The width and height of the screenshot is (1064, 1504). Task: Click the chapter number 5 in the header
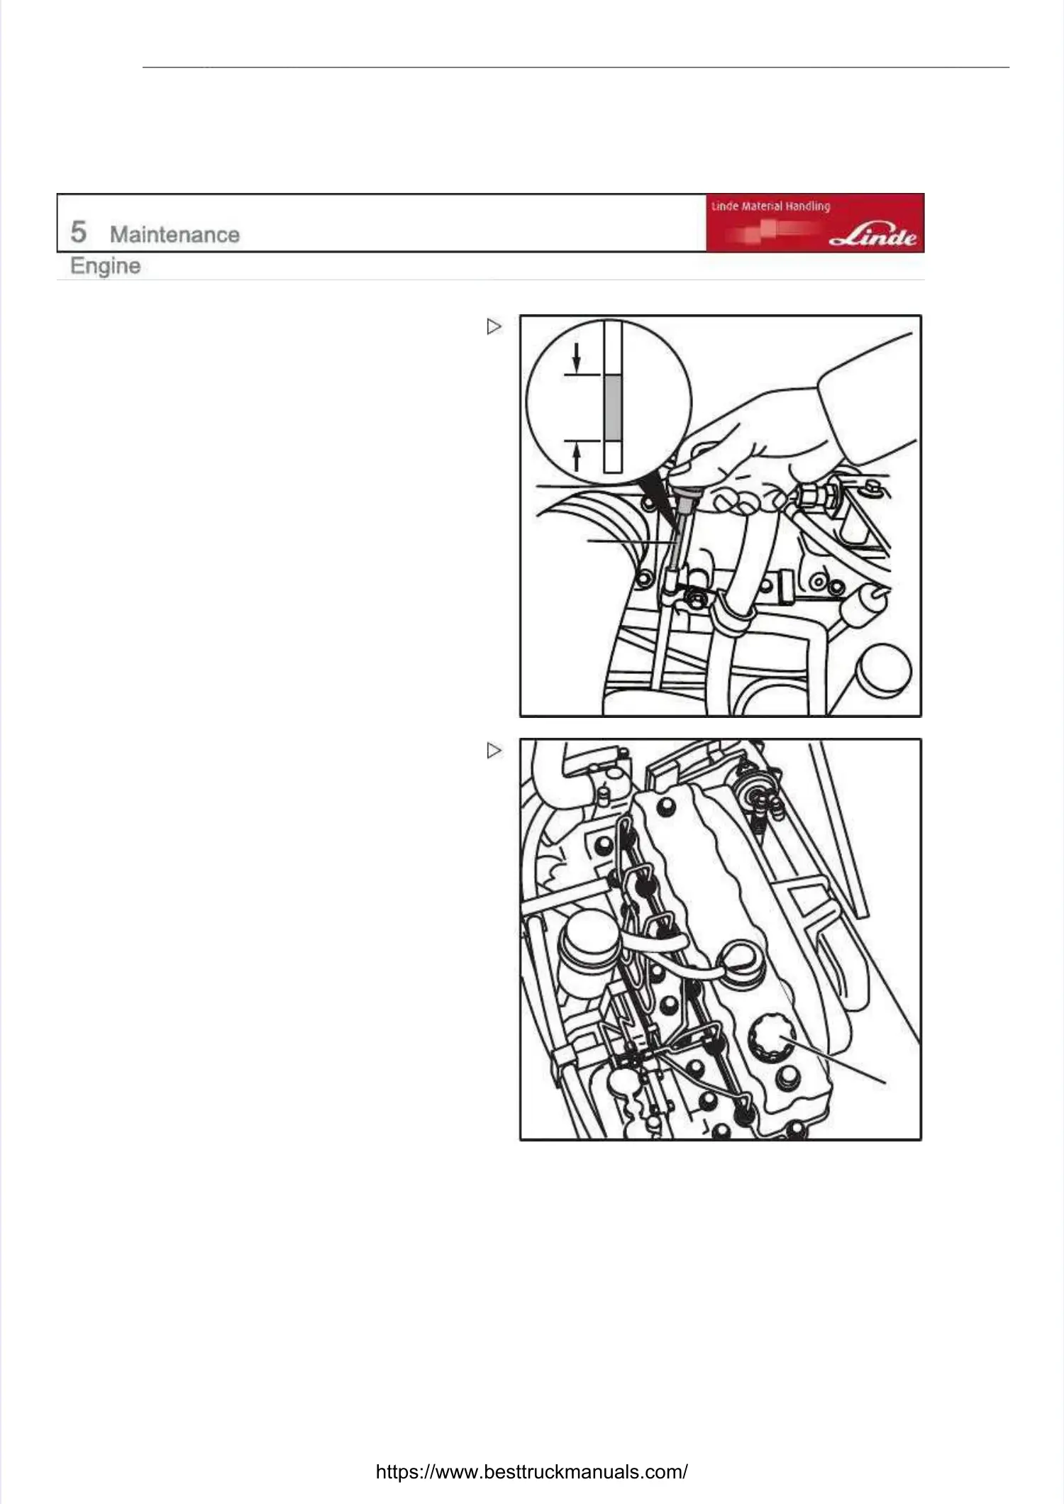(x=78, y=232)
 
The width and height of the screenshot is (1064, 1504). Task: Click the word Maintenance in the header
(x=174, y=234)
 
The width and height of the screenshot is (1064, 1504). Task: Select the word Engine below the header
(x=105, y=266)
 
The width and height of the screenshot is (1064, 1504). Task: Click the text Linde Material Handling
(x=770, y=206)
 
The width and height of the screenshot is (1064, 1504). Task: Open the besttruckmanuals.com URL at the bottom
(x=531, y=1471)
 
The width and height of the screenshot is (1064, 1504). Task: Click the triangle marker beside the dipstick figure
(x=494, y=326)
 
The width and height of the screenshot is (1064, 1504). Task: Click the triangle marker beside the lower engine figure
(x=494, y=750)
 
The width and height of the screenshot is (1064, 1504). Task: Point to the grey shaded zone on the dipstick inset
(x=613, y=407)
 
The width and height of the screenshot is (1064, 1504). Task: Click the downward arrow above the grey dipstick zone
(x=577, y=357)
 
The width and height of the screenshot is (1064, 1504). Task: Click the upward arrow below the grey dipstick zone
(x=577, y=456)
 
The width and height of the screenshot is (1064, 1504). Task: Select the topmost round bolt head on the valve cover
(x=666, y=807)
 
